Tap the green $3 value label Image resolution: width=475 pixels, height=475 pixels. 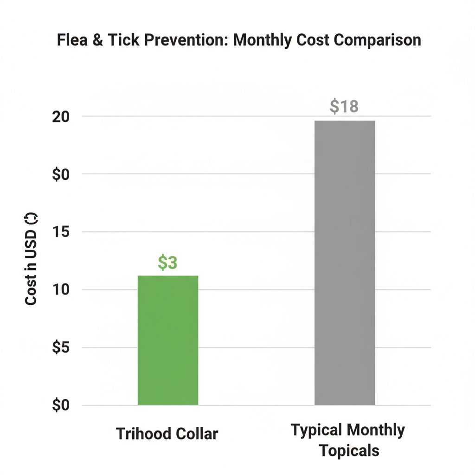pyautogui.click(x=167, y=263)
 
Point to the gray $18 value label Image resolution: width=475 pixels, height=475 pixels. pyautogui.click(x=344, y=106)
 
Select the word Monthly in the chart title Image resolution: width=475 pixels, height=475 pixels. pyautogui.click(x=262, y=40)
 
